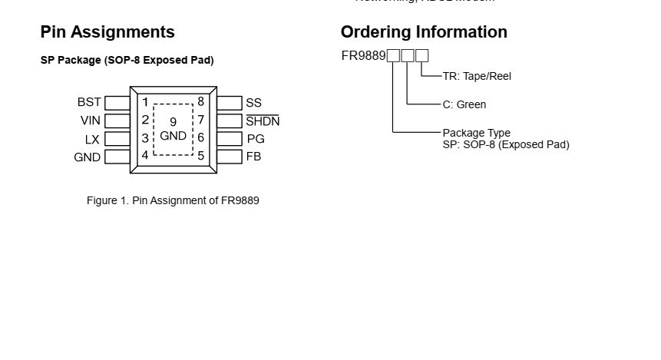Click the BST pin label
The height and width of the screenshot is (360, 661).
pos(89,102)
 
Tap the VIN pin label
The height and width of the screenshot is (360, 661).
pos(90,121)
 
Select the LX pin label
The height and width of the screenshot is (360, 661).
pos(92,139)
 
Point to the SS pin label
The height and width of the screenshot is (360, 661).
pos(253,103)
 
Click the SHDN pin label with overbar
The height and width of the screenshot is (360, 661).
pos(263,121)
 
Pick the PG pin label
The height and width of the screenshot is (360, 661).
pos(255,139)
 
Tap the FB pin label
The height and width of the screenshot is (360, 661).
pos(253,157)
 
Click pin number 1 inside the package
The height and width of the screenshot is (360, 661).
pos(145,101)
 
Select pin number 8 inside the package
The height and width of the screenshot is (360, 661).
pos(200,101)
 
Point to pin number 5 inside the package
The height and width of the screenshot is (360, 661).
pos(201,155)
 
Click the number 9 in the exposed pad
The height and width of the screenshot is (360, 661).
pos(174,122)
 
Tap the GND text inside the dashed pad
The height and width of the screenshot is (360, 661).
pos(174,136)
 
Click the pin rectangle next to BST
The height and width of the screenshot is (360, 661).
pos(117,103)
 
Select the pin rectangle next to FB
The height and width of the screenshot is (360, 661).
pos(229,157)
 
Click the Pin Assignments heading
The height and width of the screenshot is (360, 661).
pos(107,32)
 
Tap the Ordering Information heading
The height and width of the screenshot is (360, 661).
pos(424,32)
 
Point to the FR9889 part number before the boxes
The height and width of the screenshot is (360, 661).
pos(363,55)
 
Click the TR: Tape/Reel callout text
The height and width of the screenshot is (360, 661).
pos(477,76)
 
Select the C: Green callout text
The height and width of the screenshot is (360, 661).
pos(464,104)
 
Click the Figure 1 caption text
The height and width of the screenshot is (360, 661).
pos(173,200)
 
